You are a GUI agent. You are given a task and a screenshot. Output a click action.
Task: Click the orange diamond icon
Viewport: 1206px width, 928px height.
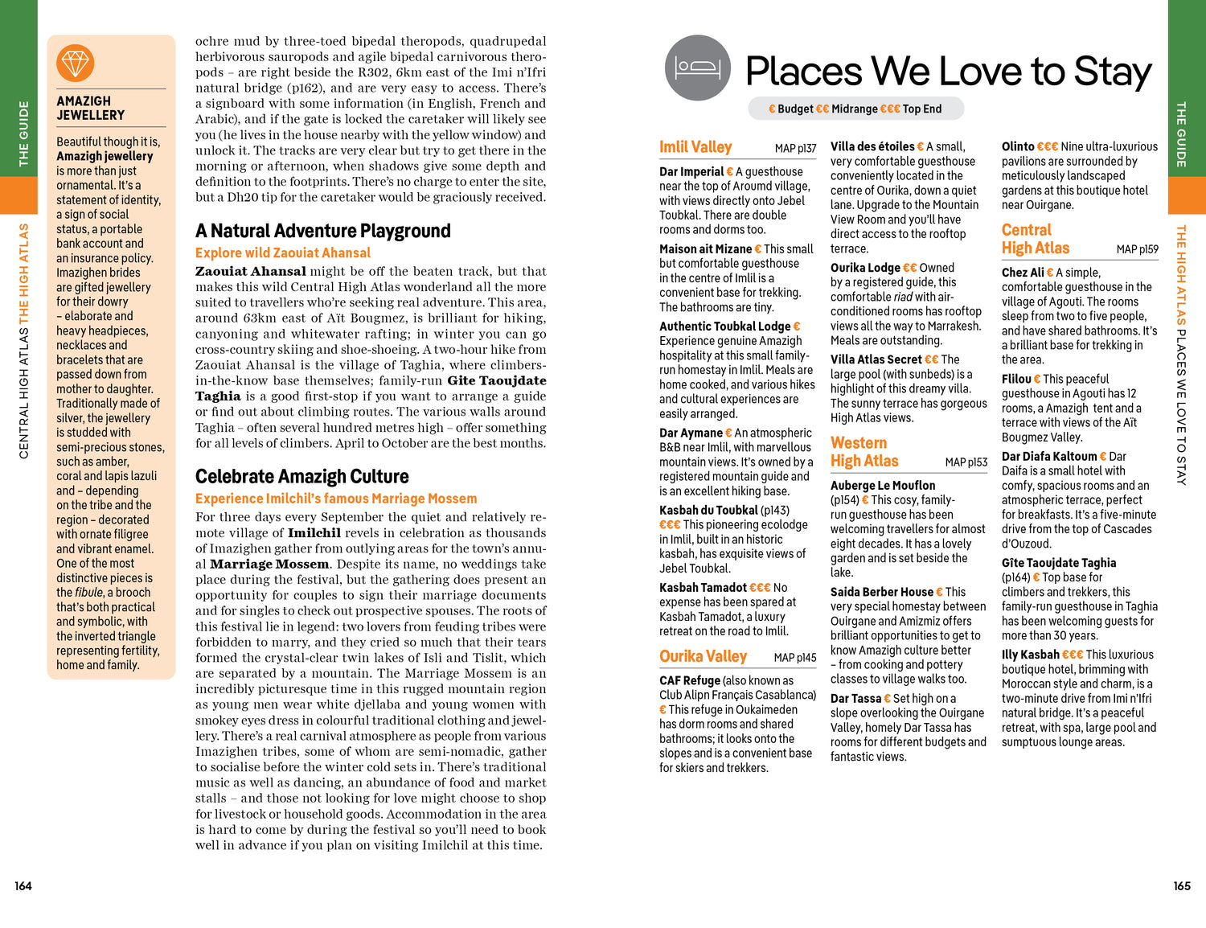pos(76,63)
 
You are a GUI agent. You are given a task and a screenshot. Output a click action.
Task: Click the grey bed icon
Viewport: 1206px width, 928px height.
pos(698,68)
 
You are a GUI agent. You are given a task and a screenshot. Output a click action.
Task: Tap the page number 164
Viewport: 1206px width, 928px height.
pos(23,885)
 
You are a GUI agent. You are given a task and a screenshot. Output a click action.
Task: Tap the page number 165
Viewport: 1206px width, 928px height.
pos(1181,885)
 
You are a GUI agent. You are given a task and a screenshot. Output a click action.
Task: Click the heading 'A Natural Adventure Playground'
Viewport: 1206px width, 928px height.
pos(322,231)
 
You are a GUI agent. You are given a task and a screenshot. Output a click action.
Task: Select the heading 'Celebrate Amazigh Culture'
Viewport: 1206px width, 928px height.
pos(301,476)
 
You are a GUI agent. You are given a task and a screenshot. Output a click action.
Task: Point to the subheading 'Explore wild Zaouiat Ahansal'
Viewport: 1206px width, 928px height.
pos(282,253)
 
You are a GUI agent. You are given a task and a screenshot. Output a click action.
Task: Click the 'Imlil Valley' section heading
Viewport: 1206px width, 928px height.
pos(695,147)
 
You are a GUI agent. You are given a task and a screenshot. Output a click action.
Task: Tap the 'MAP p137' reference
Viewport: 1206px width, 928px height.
pos(795,149)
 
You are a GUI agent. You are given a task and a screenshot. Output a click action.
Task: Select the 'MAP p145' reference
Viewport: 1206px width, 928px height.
pos(794,658)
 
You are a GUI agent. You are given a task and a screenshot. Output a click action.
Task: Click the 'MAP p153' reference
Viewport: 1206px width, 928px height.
pos(966,462)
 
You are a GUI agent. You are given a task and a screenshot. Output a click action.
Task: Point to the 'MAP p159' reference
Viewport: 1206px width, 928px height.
pos(1137,249)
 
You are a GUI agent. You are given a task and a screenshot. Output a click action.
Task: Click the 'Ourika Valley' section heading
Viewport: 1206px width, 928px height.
pos(703,656)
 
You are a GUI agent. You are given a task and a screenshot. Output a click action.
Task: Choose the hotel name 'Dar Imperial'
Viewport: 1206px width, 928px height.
pos(691,171)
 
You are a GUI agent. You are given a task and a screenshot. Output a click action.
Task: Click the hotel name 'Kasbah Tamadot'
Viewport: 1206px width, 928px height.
pos(703,588)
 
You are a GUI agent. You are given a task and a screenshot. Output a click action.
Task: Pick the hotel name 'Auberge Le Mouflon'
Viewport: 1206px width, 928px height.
pos(883,486)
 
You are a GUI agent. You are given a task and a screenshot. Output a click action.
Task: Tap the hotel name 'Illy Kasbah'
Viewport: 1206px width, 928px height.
pos(1030,655)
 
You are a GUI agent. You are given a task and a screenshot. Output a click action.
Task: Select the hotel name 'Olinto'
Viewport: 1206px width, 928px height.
pos(1017,146)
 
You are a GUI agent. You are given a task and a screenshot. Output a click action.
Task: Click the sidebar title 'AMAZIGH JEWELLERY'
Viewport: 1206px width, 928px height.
pos(91,108)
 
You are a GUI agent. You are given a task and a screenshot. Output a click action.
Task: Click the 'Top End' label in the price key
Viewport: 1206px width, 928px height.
pos(921,109)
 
